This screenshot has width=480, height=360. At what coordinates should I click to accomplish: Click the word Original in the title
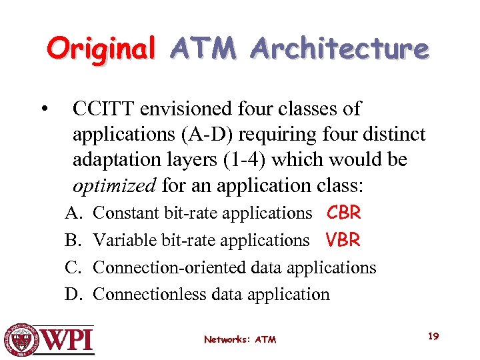point(101,49)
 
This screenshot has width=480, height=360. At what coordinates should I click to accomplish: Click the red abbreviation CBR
point(343,213)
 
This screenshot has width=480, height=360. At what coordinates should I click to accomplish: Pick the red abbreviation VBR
point(343,240)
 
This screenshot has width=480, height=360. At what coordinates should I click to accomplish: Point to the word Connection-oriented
point(171,267)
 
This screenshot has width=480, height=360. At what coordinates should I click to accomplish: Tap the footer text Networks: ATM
point(240,339)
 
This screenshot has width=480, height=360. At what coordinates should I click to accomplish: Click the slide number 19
point(433,336)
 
